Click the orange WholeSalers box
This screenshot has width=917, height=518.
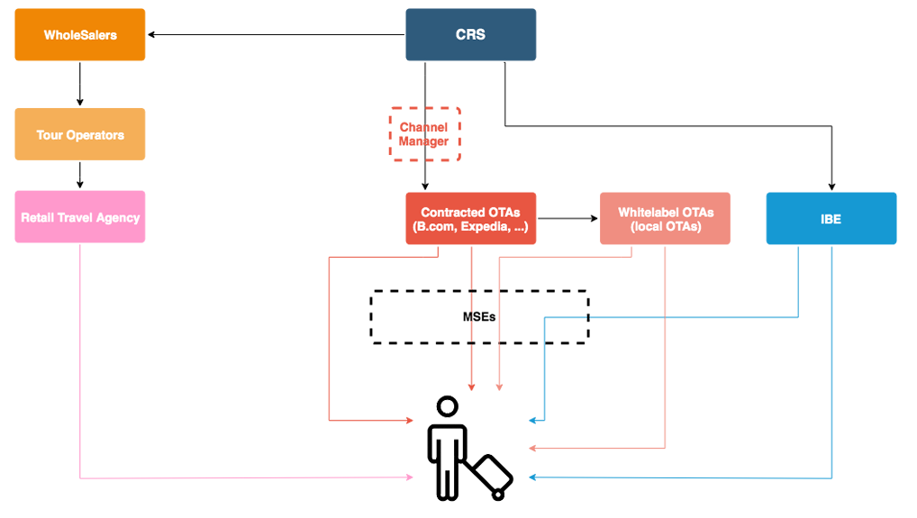coord(80,35)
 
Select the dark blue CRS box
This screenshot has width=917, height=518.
coord(470,35)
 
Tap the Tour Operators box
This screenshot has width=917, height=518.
coord(80,135)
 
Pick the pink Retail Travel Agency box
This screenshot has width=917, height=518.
coord(80,217)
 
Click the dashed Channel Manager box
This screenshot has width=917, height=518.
coord(424,134)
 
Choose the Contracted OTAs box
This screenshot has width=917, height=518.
coord(470,219)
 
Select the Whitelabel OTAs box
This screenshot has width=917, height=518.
coord(665,219)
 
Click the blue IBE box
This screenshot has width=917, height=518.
coord(831,219)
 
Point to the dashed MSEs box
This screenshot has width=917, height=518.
coord(479,317)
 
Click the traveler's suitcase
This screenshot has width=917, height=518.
coord(492,476)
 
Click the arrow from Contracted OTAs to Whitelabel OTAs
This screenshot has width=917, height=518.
coord(567,218)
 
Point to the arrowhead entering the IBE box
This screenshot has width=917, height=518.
coord(831,186)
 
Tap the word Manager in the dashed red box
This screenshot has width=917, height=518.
coord(424,141)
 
